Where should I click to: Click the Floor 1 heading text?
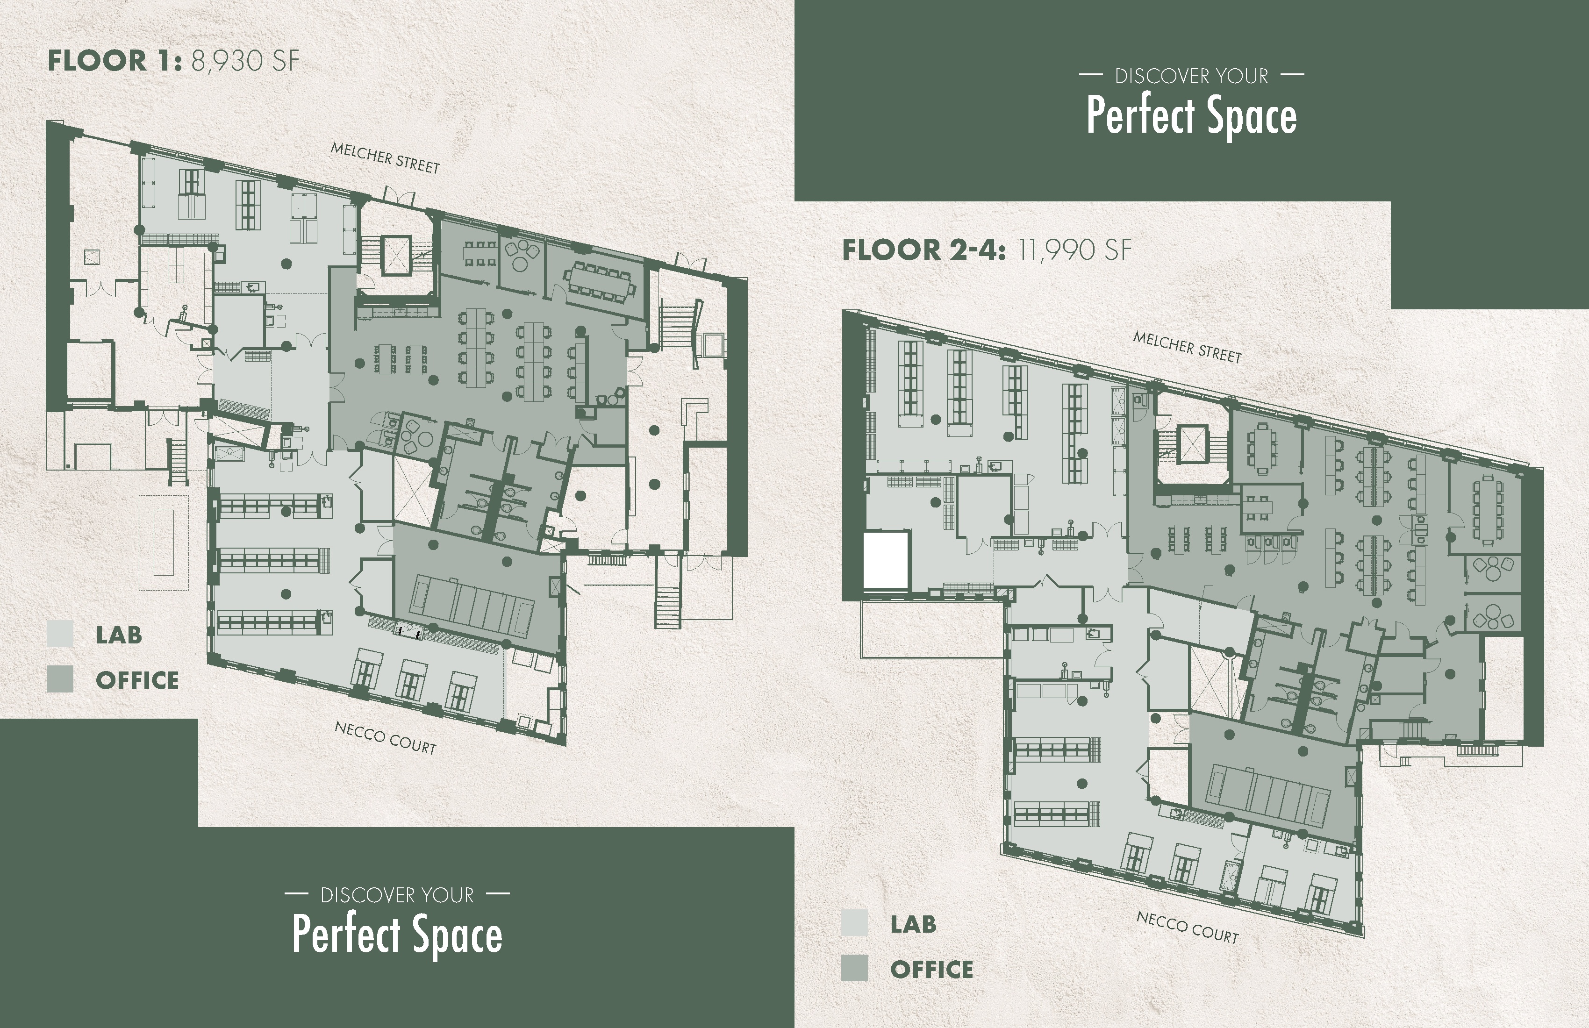[x=115, y=61]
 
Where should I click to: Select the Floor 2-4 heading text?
[x=923, y=250]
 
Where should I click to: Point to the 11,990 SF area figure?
[x=1074, y=250]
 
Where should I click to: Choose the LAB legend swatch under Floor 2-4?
[x=855, y=923]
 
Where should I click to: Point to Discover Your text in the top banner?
[x=1192, y=76]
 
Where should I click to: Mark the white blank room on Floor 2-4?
[x=887, y=559]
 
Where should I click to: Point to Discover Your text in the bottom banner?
[x=397, y=894]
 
